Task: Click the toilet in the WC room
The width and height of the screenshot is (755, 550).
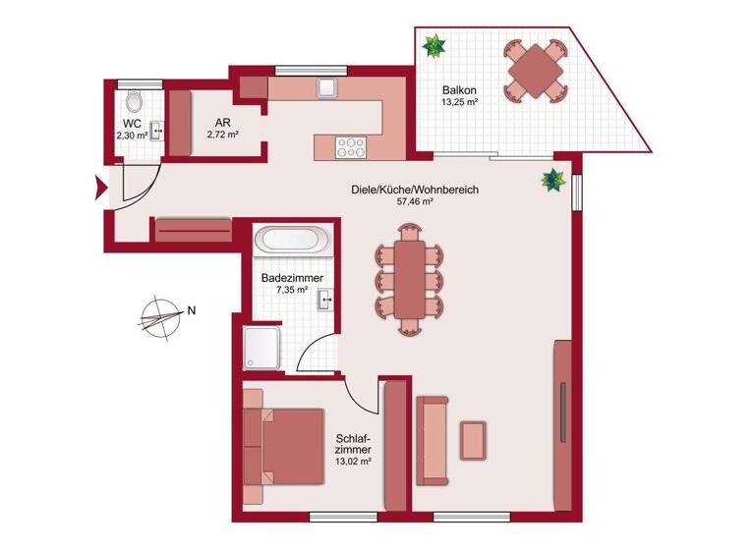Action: (135, 100)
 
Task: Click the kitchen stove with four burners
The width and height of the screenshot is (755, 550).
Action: (350, 145)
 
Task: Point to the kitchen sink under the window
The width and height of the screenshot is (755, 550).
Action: (326, 88)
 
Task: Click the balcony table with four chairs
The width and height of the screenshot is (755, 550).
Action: (535, 70)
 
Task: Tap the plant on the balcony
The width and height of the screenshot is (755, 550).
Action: (433, 45)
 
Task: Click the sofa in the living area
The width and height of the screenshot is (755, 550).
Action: (433, 440)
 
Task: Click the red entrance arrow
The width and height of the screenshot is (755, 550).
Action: (99, 186)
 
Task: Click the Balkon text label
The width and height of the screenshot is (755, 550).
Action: (458, 87)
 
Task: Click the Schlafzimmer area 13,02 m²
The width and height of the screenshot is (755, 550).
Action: (353, 460)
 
